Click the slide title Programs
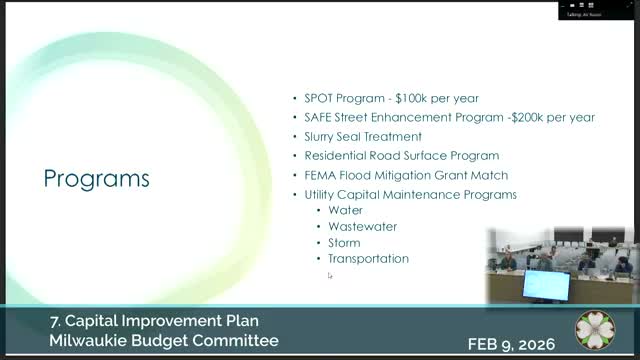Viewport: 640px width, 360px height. tap(97, 179)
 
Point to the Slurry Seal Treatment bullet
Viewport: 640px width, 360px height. tap(363, 136)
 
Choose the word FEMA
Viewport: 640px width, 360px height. tap(320, 175)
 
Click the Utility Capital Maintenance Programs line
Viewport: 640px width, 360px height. tap(410, 194)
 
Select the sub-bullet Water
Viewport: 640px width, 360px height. tap(345, 210)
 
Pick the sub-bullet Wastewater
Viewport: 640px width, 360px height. tap(357, 226)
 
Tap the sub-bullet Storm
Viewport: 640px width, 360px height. tap(344, 242)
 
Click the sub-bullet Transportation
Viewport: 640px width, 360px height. tap(368, 258)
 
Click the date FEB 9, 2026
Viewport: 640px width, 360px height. tap(516, 343)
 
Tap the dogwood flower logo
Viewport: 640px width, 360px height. tap(595, 331)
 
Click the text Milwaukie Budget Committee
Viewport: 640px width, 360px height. tap(164, 341)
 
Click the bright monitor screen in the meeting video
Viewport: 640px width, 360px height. tap(546, 284)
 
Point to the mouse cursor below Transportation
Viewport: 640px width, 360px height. tap(329, 275)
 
